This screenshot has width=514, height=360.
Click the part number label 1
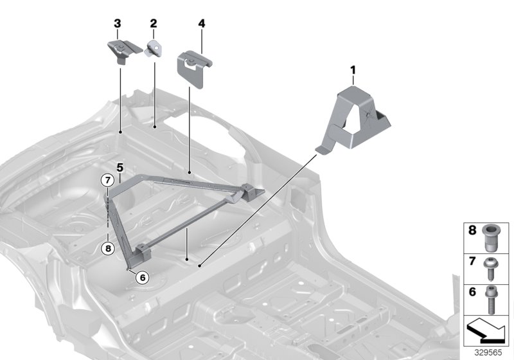pyautogui.click(x=352, y=68)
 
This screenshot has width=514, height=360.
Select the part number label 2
pyautogui.click(x=154, y=24)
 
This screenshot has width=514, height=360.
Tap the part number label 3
pyautogui.click(x=117, y=24)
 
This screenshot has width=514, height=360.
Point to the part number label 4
pyautogui.click(x=202, y=24)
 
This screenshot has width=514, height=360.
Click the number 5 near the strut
pyautogui.click(x=120, y=168)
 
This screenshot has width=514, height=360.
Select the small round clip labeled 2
pyautogui.click(x=154, y=48)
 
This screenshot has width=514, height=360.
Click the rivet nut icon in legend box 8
pyautogui.click(x=493, y=237)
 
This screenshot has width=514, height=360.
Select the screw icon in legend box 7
pyautogui.click(x=493, y=264)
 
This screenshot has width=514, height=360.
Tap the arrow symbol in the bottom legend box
pyautogui.click(x=485, y=331)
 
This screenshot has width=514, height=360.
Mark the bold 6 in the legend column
pyautogui.click(x=472, y=291)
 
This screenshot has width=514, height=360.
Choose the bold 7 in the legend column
pyautogui.click(x=472, y=261)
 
